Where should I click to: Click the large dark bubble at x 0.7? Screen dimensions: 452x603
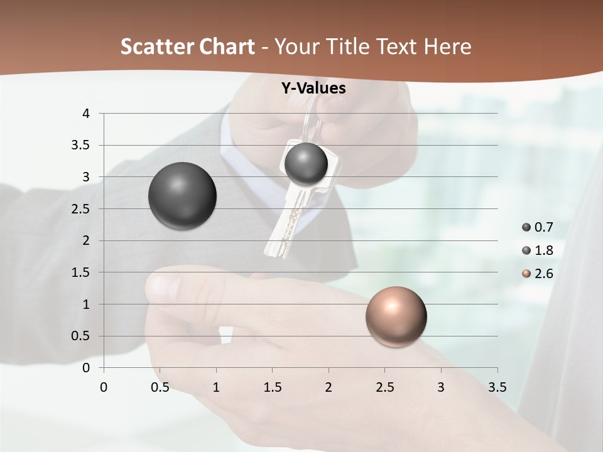pyautogui.click(x=182, y=196)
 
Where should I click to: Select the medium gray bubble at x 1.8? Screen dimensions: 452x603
pyautogui.click(x=306, y=164)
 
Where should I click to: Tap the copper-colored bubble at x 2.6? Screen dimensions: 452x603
pyautogui.click(x=396, y=316)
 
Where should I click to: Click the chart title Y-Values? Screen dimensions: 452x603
pyautogui.click(x=313, y=89)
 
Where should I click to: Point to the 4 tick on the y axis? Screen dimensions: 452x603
pyautogui.click(x=86, y=114)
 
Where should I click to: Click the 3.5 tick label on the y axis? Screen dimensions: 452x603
pyautogui.click(x=81, y=145)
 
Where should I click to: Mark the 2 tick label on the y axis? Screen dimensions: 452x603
pyautogui.click(x=86, y=240)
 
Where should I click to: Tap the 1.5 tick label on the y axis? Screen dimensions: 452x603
pyautogui.click(x=81, y=272)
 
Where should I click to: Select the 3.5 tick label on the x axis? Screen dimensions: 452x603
pyautogui.click(x=497, y=387)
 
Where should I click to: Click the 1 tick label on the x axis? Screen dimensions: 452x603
pyautogui.click(x=216, y=387)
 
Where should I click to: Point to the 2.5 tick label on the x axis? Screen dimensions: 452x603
pyautogui.click(x=384, y=387)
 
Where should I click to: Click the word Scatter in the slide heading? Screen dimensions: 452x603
pyautogui.click(x=155, y=46)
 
